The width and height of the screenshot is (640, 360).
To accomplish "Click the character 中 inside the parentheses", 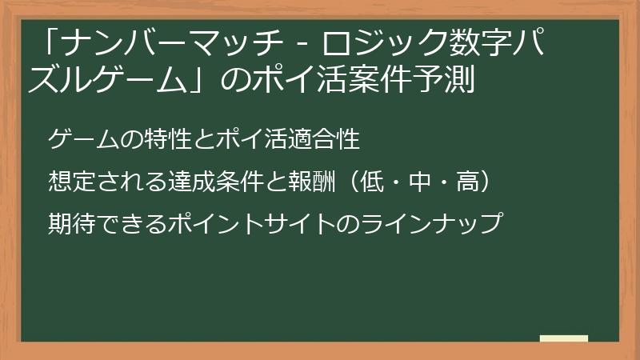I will pos(419,181).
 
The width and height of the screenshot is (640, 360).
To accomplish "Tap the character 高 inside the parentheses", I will pos(467,181).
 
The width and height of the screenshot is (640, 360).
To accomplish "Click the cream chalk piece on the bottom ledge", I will pos(563,339).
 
